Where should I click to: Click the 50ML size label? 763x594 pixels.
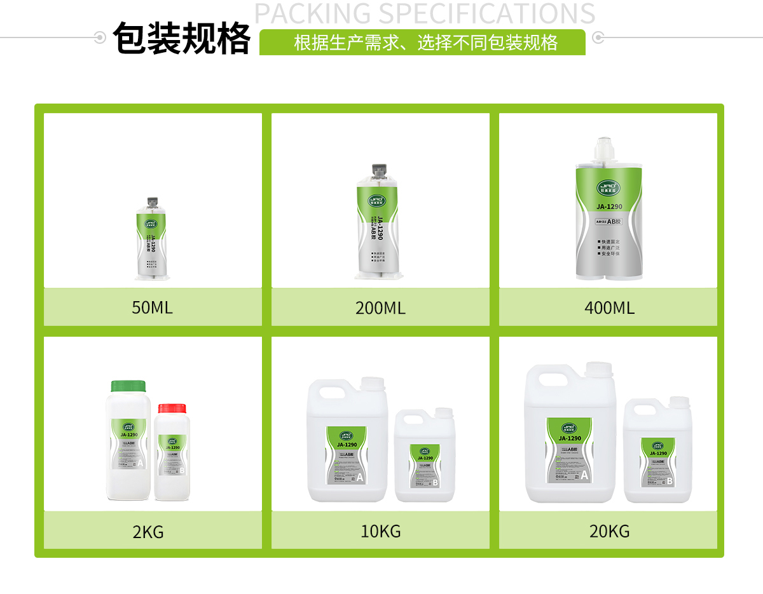[x=152, y=308]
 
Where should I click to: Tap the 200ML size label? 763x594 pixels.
[x=380, y=308]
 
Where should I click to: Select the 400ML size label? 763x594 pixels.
[x=609, y=308]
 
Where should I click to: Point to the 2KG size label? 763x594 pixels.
[x=148, y=532]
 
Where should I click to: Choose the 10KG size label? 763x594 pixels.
[x=381, y=531]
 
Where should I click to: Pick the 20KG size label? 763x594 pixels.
[x=609, y=531]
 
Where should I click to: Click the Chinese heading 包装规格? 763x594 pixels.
[x=182, y=39]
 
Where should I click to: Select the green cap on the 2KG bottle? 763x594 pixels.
[x=128, y=386]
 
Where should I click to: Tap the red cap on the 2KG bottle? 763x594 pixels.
[x=172, y=408]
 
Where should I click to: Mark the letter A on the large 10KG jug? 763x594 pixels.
[x=359, y=477]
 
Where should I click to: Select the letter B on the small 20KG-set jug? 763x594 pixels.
[x=669, y=481]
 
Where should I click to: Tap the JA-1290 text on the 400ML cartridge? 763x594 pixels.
[x=608, y=206]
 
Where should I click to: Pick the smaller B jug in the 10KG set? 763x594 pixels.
[x=425, y=457]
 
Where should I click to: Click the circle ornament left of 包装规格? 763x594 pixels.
[x=99, y=37]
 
